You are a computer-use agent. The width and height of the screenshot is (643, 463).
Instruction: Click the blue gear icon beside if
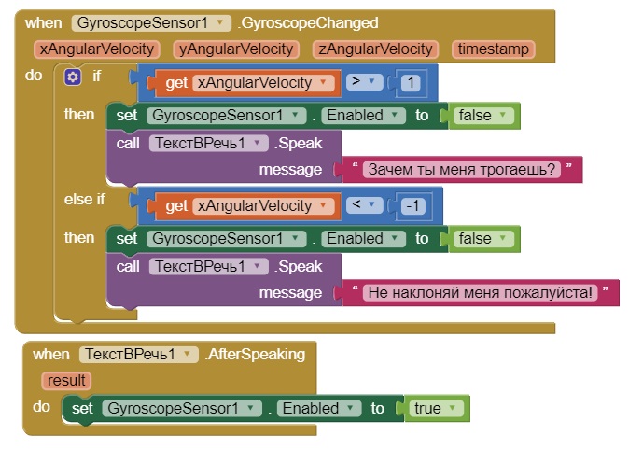[x=73, y=77]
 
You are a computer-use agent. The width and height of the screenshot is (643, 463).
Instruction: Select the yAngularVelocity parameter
[x=236, y=49]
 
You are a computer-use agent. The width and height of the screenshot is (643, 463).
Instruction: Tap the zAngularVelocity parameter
[x=373, y=49]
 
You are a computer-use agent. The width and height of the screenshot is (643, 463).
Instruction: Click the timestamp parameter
[x=492, y=49]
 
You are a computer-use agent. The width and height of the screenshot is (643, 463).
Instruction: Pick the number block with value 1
[x=410, y=83]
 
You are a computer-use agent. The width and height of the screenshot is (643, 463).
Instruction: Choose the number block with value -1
[x=413, y=206]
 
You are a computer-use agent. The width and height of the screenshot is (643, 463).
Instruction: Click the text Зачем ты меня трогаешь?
[x=462, y=169]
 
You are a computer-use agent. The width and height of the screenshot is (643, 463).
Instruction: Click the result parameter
[x=66, y=380]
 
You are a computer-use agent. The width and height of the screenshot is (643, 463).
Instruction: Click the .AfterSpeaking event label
[x=256, y=354]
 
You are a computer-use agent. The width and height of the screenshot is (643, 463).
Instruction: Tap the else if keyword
[x=85, y=199]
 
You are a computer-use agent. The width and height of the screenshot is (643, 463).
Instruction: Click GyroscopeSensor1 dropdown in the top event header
[x=151, y=22]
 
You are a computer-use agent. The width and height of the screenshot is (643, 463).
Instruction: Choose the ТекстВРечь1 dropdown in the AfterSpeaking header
[x=139, y=354]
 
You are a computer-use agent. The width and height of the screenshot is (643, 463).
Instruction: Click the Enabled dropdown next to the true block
[x=320, y=408]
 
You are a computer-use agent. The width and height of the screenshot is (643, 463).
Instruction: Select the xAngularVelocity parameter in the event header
[x=97, y=49]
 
